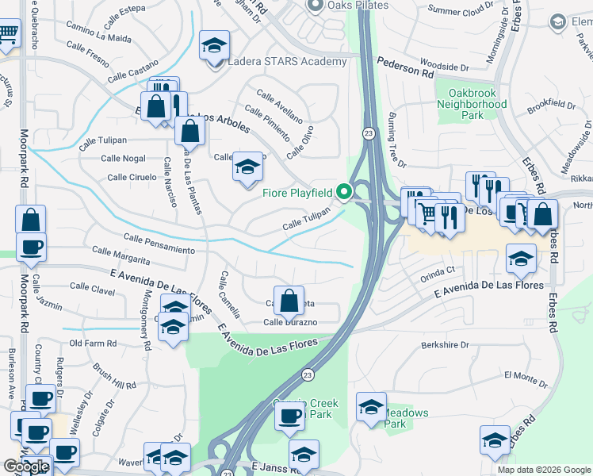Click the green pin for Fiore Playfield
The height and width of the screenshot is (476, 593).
coord(344,191)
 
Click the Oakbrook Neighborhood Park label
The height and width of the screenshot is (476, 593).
coord(472,104)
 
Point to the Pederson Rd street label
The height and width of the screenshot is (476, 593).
coord(405,70)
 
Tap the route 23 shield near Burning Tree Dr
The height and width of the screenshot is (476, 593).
coord(369,134)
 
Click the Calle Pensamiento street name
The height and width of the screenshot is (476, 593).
coord(159,244)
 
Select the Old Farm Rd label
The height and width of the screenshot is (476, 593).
coord(93,344)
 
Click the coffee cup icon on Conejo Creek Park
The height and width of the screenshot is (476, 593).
coord(289,416)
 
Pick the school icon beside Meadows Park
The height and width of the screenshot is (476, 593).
coord(371,409)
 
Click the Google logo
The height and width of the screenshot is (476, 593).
coord(26,466)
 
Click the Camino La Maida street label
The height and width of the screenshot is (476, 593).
coord(98,37)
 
